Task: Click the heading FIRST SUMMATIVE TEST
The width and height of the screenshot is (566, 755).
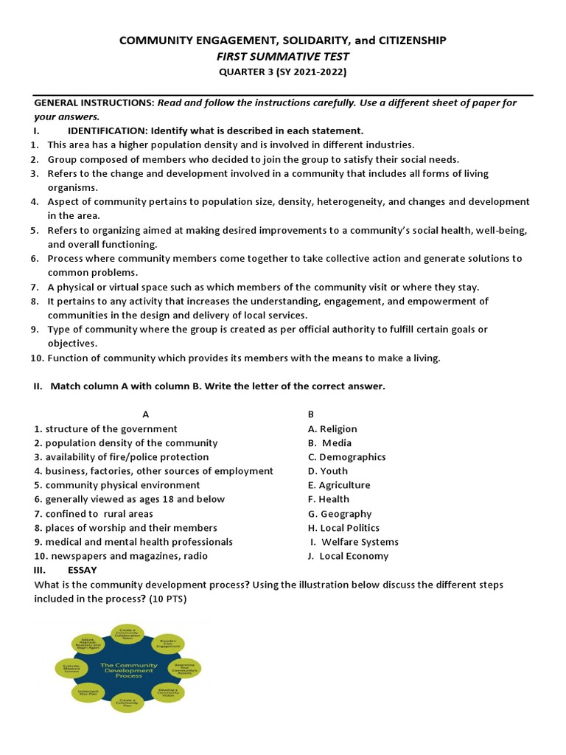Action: (283, 56)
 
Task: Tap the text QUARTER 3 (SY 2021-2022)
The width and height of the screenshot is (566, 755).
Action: (283, 72)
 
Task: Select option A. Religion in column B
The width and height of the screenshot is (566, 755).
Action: (332, 428)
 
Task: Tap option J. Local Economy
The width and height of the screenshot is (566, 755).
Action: (348, 556)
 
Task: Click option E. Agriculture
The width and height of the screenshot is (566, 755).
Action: (339, 485)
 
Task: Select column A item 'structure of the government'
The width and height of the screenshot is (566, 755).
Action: (111, 428)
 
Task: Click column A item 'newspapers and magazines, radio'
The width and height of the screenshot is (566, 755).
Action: (126, 556)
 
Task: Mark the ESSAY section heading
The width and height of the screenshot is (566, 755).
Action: (82, 570)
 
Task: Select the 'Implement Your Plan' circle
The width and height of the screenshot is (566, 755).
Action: (85, 692)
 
